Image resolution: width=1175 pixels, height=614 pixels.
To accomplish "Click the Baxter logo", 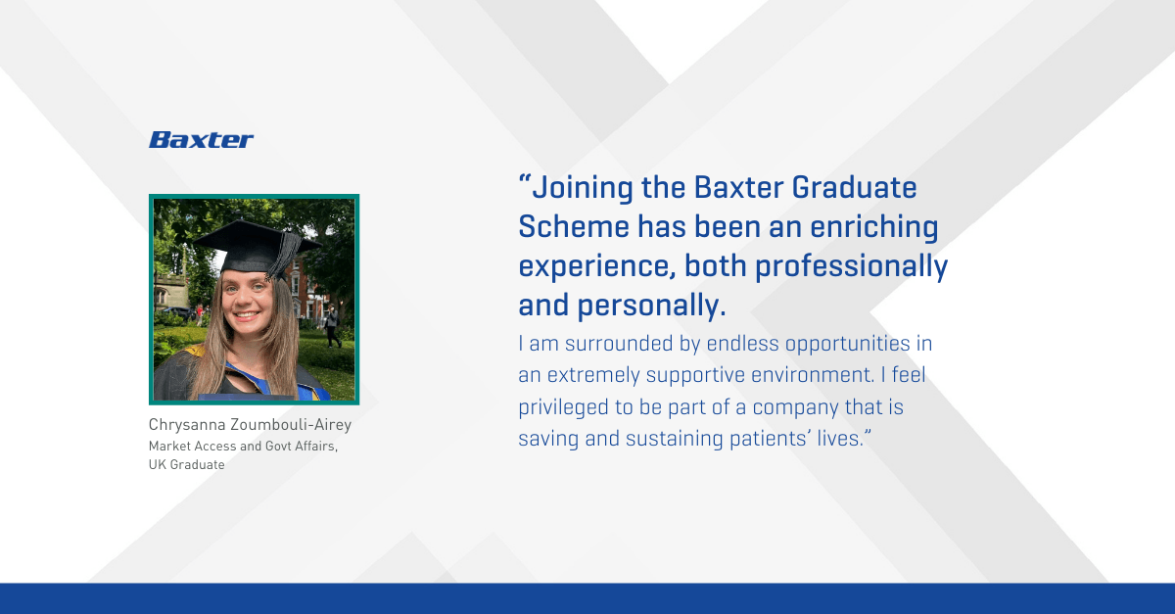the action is (x=201, y=140).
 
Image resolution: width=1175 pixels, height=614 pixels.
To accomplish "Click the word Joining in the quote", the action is (x=583, y=188).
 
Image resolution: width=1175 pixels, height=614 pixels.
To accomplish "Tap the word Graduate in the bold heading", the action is (x=854, y=187).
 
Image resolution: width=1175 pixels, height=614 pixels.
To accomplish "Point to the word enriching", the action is (x=874, y=228).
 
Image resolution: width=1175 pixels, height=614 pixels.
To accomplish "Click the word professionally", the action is (x=851, y=266).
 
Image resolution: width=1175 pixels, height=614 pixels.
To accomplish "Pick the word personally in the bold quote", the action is (x=651, y=306).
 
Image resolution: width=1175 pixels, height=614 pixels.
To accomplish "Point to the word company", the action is (x=795, y=408).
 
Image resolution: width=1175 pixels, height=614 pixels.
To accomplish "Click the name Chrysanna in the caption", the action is (x=187, y=425).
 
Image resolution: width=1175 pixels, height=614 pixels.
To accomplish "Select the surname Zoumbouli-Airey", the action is (x=291, y=425).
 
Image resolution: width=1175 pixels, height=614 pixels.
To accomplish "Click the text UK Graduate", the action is (x=187, y=465).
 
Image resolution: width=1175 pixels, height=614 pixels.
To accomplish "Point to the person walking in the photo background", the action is (x=332, y=326).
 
